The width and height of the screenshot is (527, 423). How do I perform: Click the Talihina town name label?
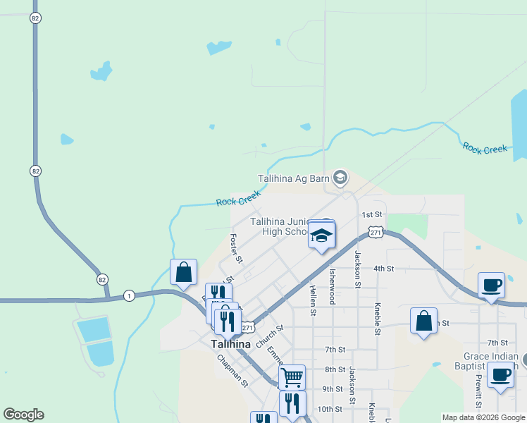230,344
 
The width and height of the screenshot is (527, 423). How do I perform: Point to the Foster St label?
236,249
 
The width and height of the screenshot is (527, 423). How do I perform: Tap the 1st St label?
371,214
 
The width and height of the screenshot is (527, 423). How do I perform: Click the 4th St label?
383,269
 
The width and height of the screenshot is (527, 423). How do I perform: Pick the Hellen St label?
313,300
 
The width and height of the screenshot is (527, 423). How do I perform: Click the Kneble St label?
378,319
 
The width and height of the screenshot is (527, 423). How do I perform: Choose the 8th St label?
335,369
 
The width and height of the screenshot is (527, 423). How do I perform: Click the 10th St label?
329,409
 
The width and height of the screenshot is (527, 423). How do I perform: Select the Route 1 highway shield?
129,295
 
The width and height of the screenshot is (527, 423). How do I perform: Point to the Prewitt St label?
478,391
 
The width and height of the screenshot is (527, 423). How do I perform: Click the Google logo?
23,415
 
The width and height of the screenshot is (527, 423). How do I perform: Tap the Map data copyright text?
483,417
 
